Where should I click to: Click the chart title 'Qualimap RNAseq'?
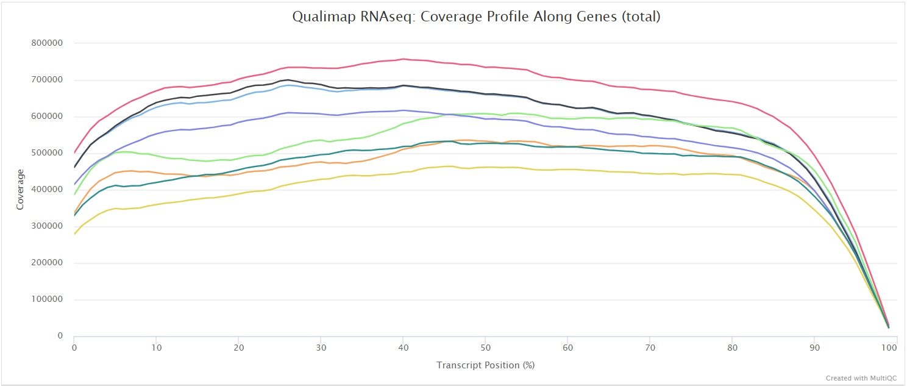pyautogui.click(x=475, y=16)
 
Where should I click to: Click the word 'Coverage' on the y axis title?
pyautogui.click(x=20, y=190)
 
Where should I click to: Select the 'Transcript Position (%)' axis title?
pyautogui.click(x=485, y=365)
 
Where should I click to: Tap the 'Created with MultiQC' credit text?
pyautogui.click(x=861, y=378)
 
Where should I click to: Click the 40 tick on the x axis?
pyautogui.click(x=402, y=347)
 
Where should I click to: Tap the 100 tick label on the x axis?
pyautogui.click(x=889, y=347)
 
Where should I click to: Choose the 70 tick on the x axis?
pyautogui.click(x=649, y=347)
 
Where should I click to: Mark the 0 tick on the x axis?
pyautogui.click(x=74, y=347)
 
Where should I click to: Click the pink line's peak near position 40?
pyautogui.click(x=402, y=59)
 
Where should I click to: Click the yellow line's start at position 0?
pyautogui.click(x=74, y=234)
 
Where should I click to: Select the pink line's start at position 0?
pyautogui.click(x=74, y=152)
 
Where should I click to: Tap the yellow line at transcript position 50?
pyautogui.click(x=485, y=167)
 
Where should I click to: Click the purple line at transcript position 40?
pyautogui.click(x=402, y=110)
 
